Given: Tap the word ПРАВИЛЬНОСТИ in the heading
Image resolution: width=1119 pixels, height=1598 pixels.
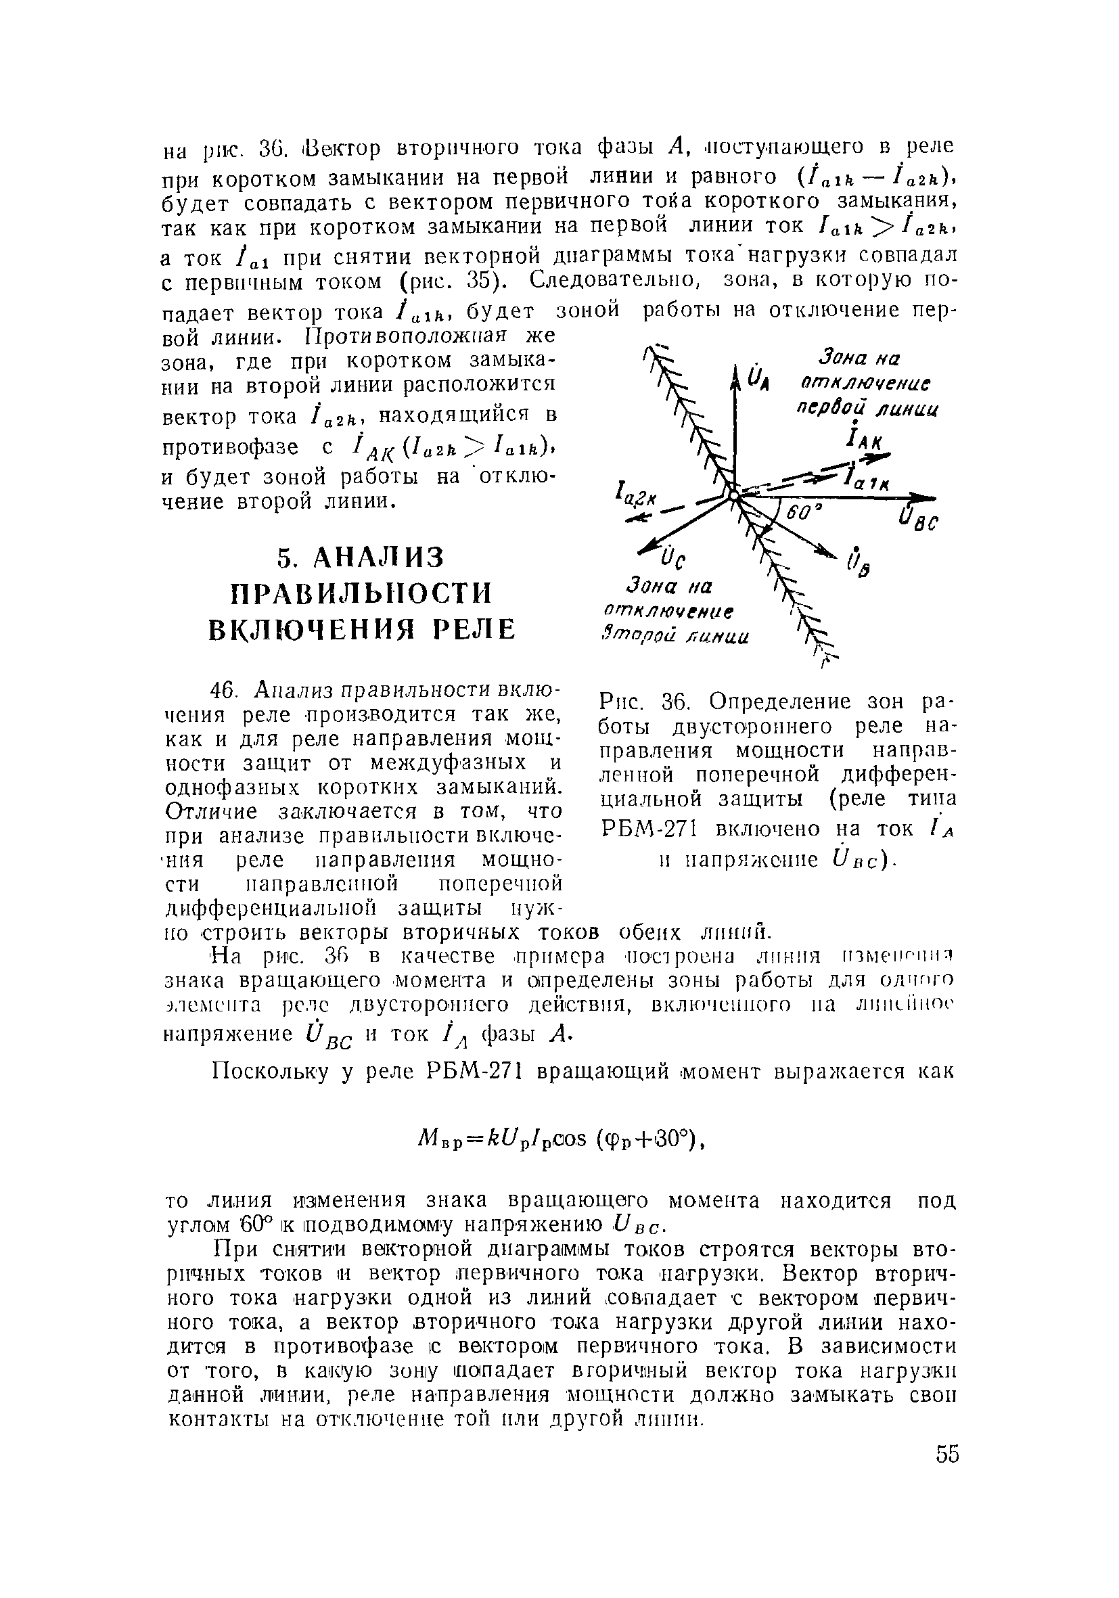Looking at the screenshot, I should pos(361,594).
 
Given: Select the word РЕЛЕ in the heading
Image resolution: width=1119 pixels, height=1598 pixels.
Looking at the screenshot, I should pos(476,629).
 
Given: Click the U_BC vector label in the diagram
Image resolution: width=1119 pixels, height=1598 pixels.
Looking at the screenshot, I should pos(918,522).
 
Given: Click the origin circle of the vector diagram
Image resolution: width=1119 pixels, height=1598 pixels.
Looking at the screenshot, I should pos(733,495).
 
